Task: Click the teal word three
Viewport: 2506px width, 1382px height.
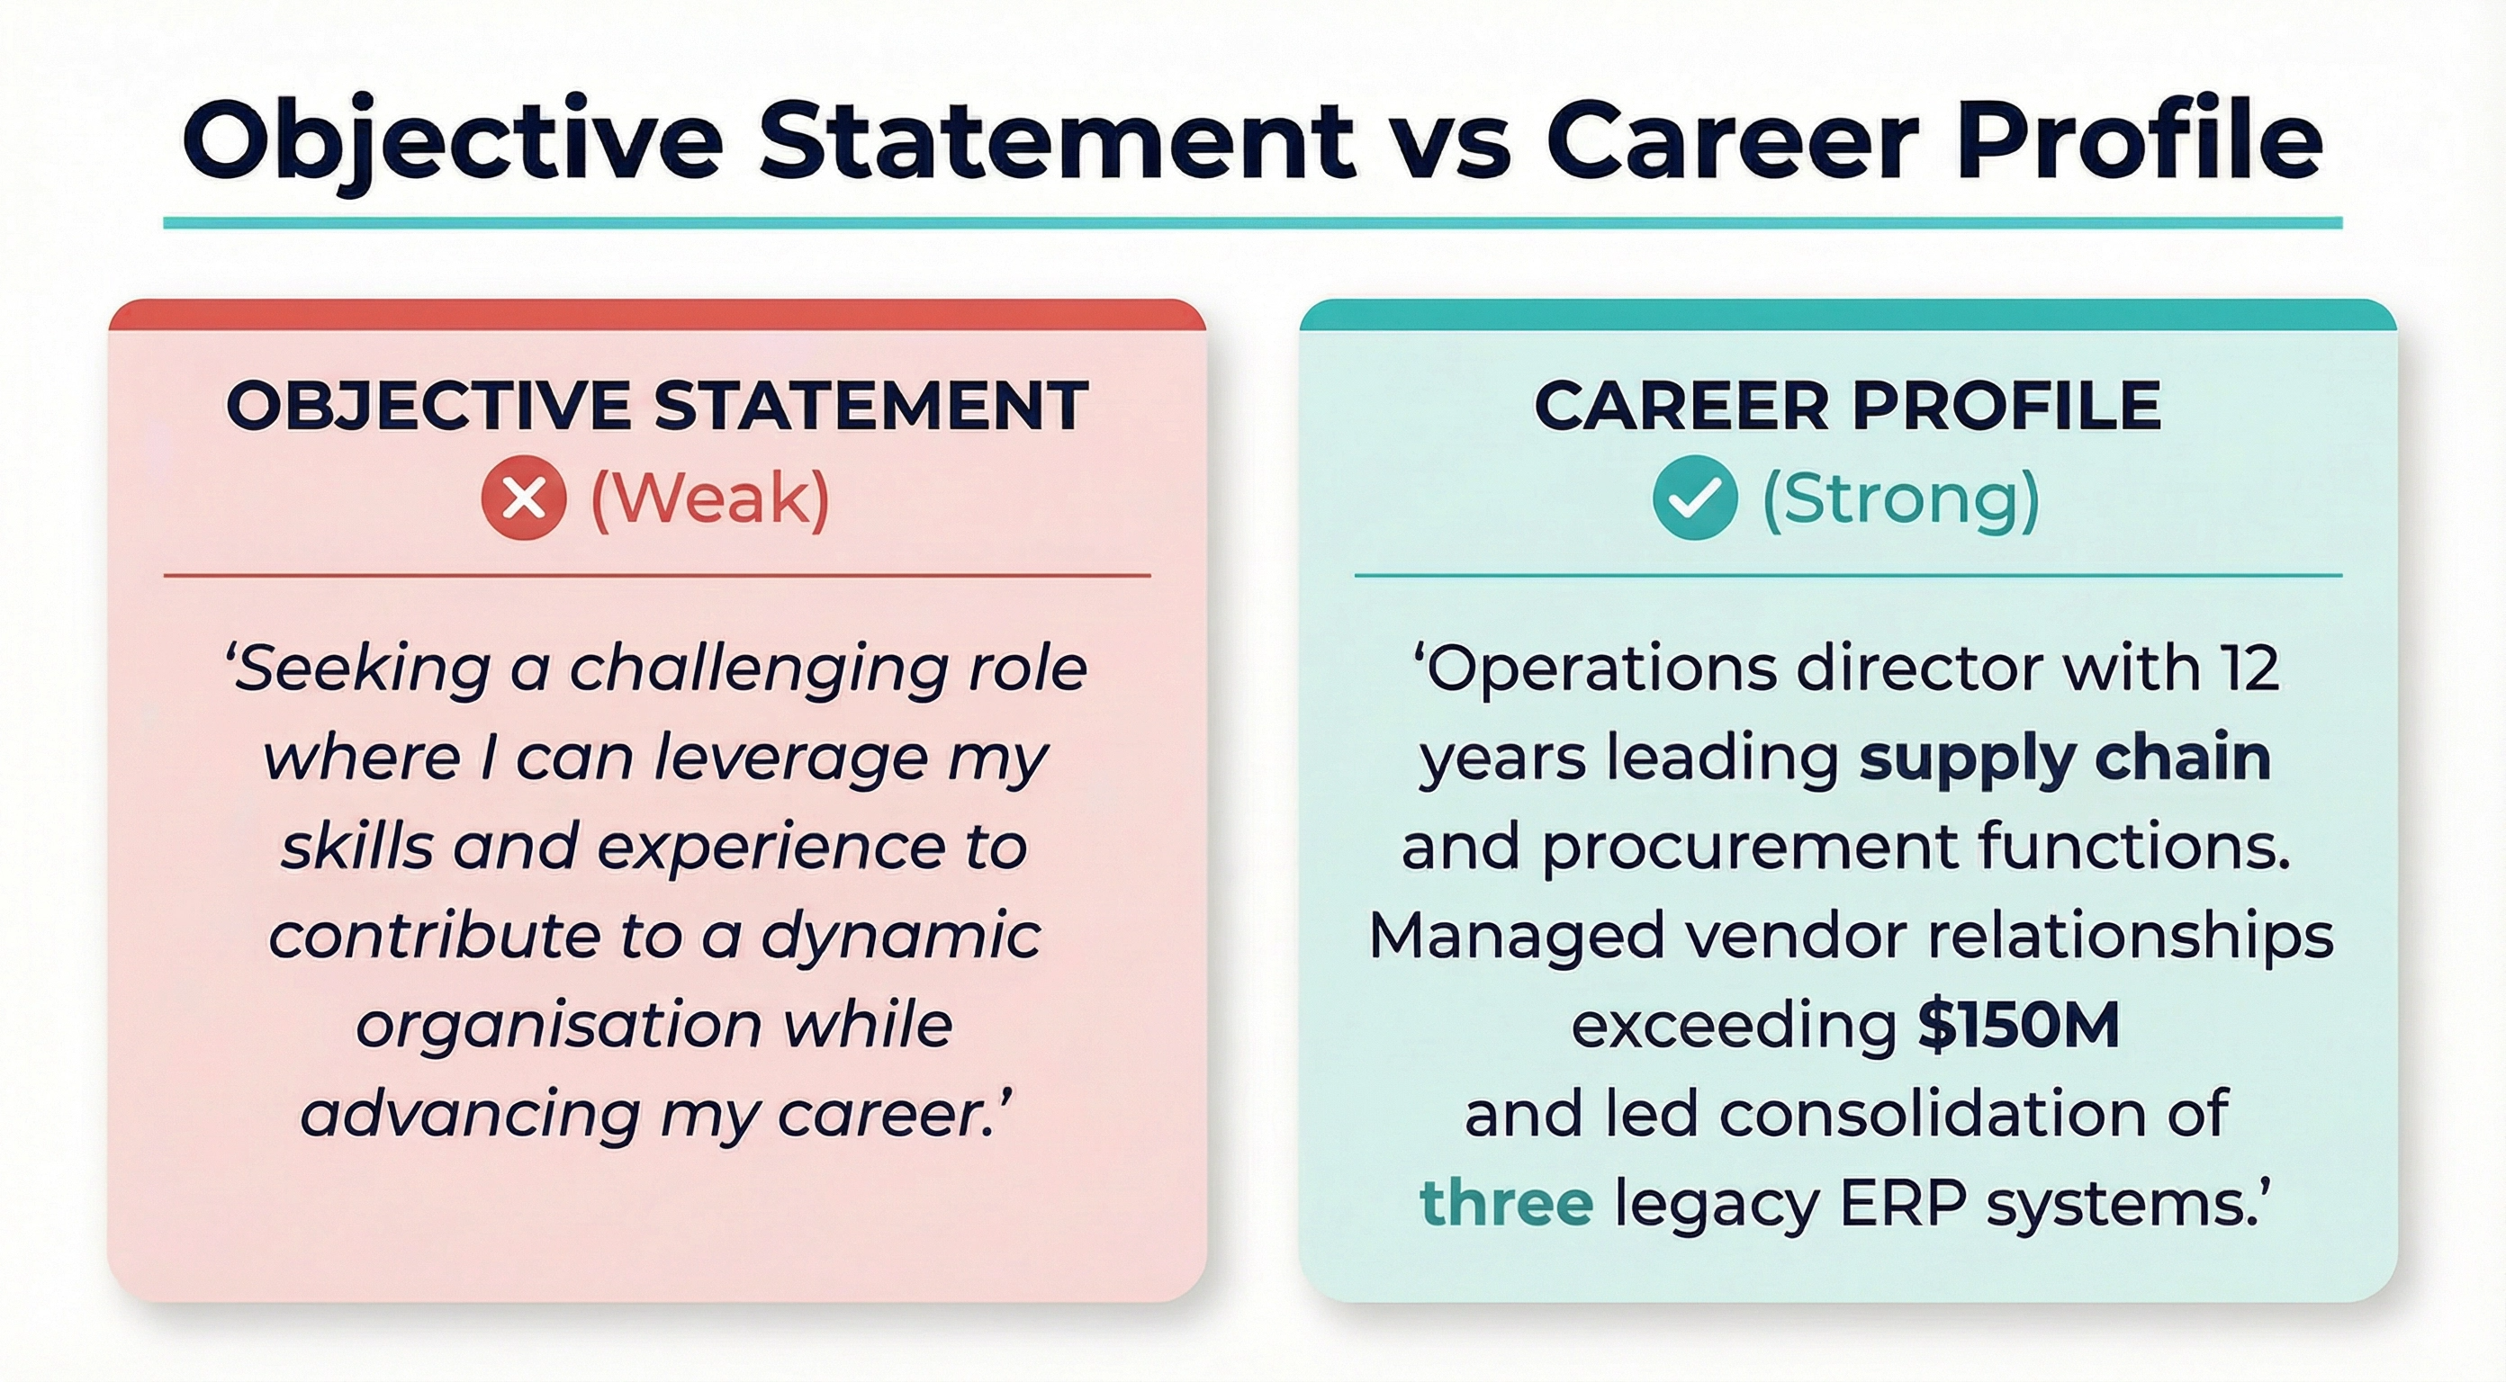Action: coord(1506,1203)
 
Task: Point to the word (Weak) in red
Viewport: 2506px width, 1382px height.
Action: coord(710,499)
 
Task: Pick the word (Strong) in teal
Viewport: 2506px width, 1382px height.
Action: coord(1900,499)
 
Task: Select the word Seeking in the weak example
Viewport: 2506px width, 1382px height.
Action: coord(361,670)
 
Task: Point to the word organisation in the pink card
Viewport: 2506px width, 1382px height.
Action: coord(558,1025)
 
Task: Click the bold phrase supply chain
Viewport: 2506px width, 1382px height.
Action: coord(2064,759)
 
